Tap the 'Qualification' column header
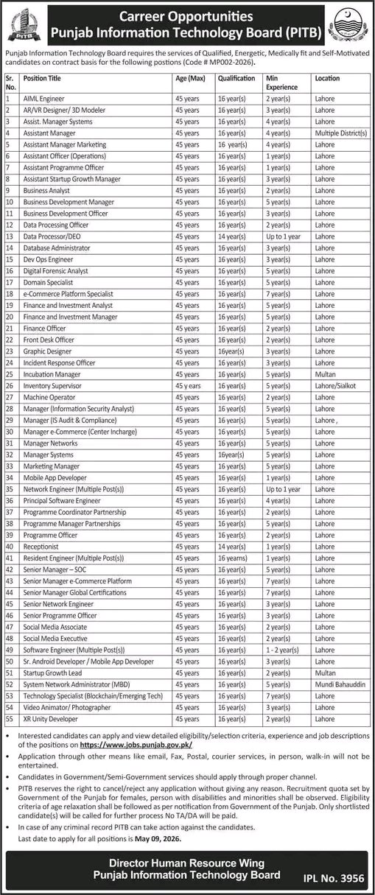pyautogui.click(x=235, y=77)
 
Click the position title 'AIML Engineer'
pyautogui.click(x=44, y=98)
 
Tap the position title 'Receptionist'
pyautogui.click(x=43, y=547)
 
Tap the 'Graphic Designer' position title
pyautogui.click(x=47, y=351)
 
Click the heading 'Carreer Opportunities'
pyautogui.click(x=187, y=15)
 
